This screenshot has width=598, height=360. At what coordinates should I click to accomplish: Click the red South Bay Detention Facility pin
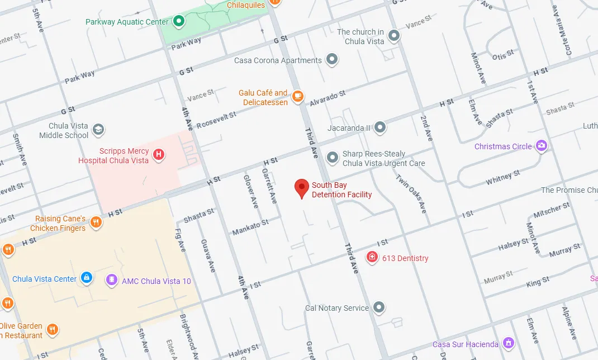click(x=302, y=188)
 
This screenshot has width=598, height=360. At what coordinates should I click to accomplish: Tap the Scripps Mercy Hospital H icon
click(x=159, y=154)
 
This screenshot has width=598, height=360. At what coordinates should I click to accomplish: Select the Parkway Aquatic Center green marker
click(x=179, y=22)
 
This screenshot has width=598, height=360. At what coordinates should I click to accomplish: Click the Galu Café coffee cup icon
click(x=298, y=96)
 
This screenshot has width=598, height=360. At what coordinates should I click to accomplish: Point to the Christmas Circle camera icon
click(x=541, y=146)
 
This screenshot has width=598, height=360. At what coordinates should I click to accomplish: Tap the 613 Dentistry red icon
click(x=372, y=257)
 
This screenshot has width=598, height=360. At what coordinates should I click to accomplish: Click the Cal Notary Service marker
click(x=379, y=307)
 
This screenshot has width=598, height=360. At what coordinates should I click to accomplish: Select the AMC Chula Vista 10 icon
click(x=112, y=280)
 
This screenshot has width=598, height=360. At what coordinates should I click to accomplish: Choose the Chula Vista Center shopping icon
click(x=86, y=277)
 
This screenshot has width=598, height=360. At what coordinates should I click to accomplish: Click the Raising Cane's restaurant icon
click(x=96, y=222)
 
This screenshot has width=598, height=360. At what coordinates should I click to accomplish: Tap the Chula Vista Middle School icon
click(x=98, y=130)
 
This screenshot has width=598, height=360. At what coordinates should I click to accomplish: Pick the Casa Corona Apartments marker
click(x=332, y=59)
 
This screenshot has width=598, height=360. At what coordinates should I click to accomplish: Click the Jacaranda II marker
click(x=380, y=127)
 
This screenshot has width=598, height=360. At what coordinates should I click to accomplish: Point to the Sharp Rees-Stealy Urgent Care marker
click(x=333, y=158)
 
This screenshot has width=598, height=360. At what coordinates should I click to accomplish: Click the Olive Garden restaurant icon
click(x=52, y=329)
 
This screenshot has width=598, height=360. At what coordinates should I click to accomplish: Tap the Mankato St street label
click(x=250, y=226)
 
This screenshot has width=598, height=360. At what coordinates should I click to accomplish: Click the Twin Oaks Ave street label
click(x=411, y=193)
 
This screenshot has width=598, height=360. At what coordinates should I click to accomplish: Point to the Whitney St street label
click(x=499, y=178)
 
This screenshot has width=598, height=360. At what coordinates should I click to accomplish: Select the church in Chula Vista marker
click(x=394, y=36)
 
